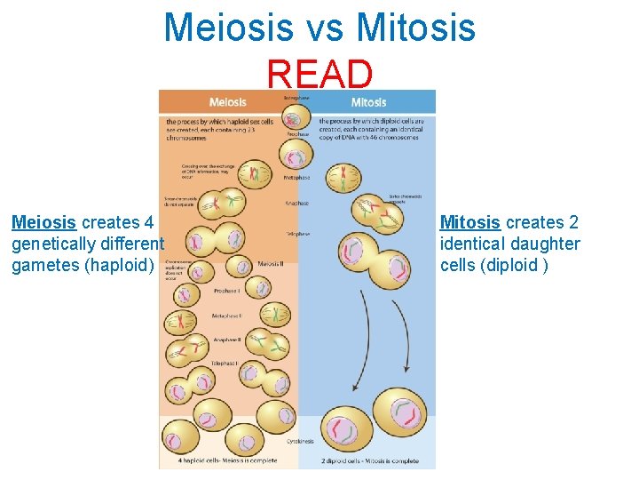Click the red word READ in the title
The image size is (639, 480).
tap(319, 74)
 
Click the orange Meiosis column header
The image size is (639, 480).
tap(227, 102)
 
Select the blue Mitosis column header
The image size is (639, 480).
tap(368, 102)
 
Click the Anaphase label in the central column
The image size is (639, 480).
tap(296, 204)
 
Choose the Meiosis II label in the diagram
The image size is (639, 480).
tap(271, 264)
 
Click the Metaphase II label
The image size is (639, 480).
tap(227, 316)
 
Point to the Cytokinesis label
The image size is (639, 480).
tap(298, 439)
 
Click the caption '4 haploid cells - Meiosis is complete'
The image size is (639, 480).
tap(227, 460)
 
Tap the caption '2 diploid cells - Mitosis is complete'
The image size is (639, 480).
tap(371, 460)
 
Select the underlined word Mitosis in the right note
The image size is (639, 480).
tap(470, 222)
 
